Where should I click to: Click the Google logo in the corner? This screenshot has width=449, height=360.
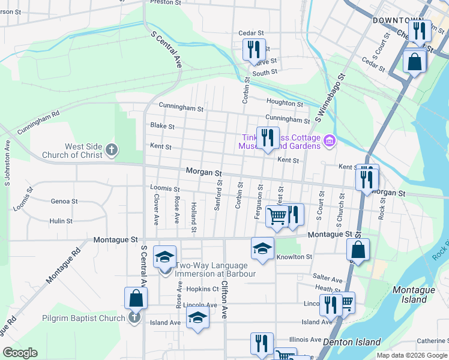(x=20, y=353)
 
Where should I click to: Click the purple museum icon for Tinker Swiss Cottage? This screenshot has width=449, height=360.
(x=329, y=142)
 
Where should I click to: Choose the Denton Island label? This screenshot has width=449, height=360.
(x=352, y=342)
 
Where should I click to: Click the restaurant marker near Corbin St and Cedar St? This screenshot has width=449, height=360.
(x=254, y=49)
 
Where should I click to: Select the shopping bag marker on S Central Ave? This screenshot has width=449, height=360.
(x=136, y=298)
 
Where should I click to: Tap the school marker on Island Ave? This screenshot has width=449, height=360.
(x=197, y=319)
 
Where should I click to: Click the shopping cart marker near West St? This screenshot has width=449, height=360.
(x=277, y=215)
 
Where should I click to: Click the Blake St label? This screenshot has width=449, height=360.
(x=162, y=127)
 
